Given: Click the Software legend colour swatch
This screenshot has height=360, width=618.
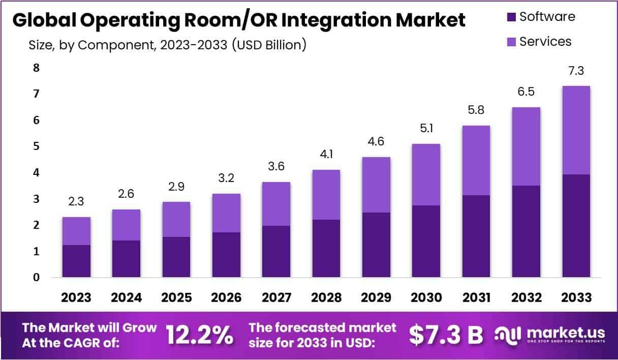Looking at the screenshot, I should point(510,17).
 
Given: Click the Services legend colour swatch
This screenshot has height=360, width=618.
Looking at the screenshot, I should point(510,42).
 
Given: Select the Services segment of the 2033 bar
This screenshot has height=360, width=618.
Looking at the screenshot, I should point(576,130).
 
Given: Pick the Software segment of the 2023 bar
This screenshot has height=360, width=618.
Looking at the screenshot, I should point(76,261).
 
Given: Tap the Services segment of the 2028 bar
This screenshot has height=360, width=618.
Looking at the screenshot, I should point(326,195).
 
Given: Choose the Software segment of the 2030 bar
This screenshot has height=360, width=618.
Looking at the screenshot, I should point(426,241).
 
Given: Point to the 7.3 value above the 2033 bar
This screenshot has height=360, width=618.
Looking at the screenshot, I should point(576,71).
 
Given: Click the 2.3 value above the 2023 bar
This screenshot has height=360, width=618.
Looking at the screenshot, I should point(76,202).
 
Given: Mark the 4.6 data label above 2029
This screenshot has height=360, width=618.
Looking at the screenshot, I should point(376,142).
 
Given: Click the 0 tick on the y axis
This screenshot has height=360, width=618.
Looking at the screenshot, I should point(36,278).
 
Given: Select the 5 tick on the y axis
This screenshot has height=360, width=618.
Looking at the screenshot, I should point(36,147).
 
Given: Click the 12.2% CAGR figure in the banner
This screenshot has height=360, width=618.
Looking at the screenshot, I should point(200,335).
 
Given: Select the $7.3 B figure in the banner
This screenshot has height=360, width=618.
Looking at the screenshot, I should point(446,335).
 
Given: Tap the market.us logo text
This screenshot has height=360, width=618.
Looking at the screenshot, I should point(566,333).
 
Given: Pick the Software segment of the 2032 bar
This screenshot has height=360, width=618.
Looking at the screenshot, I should point(526,231).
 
